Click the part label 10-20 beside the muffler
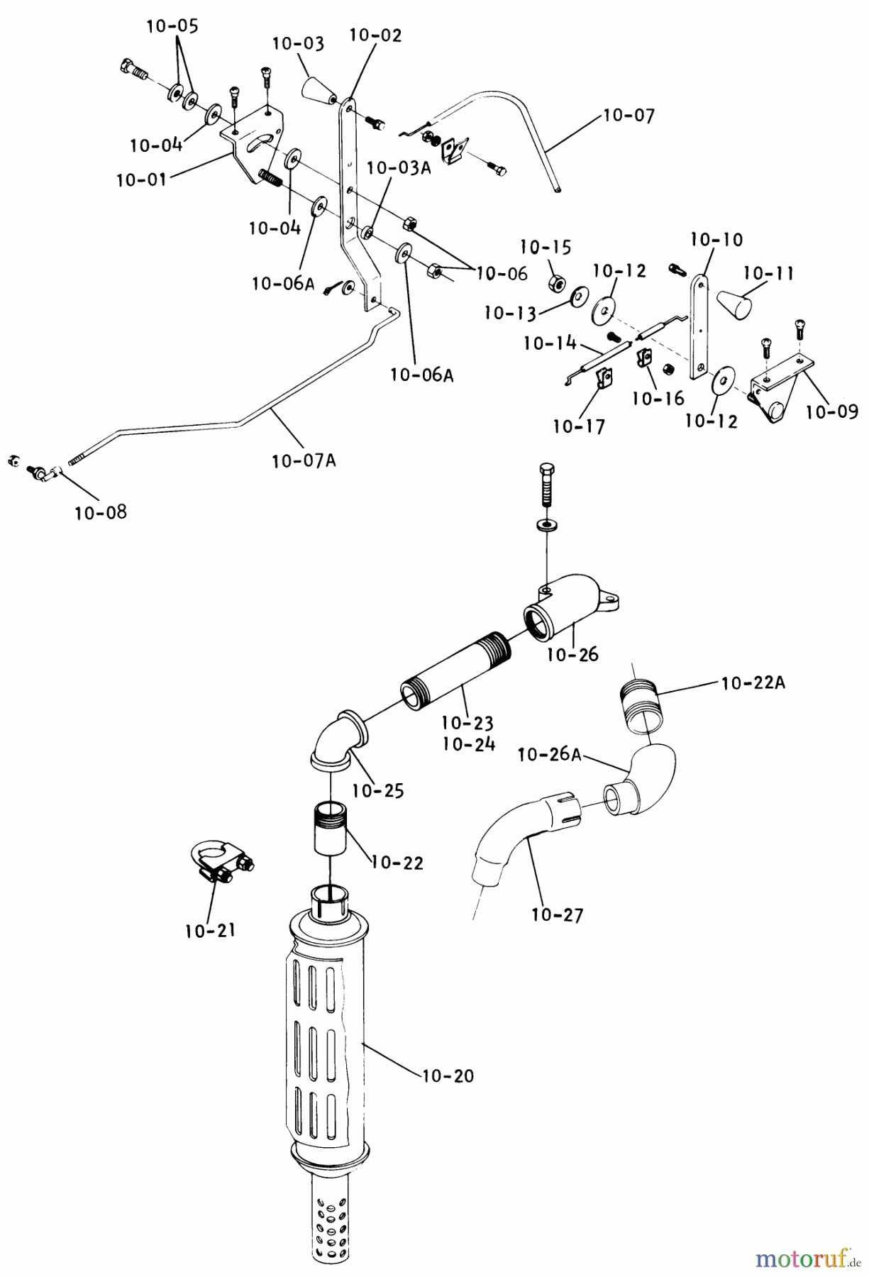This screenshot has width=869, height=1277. click(x=448, y=1076)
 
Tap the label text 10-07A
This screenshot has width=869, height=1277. click(x=304, y=461)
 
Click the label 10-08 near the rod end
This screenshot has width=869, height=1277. click(x=101, y=512)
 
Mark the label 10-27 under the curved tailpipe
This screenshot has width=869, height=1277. click(x=557, y=915)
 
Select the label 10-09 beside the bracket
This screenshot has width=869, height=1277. click(x=832, y=411)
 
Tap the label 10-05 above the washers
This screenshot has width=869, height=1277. click(x=172, y=27)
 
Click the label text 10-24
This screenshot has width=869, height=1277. click(x=468, y=745)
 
